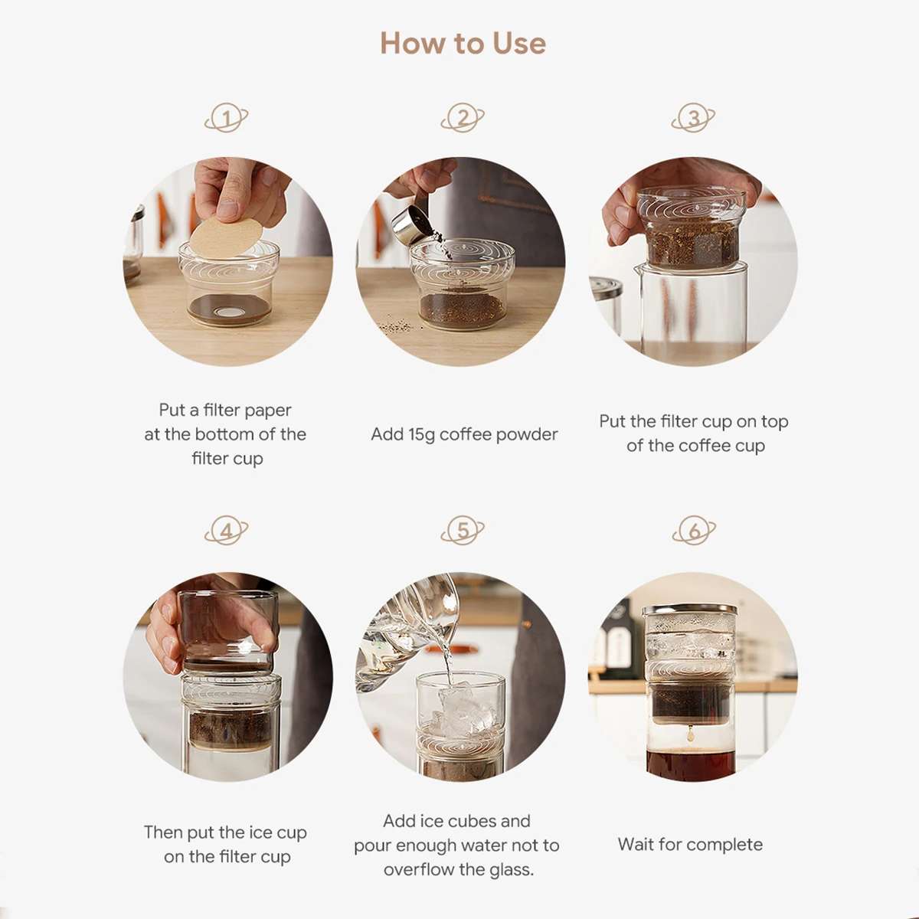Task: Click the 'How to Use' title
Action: click(x=463, y=44)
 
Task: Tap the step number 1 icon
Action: click(x=226, y=118)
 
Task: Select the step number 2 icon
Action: click(x=462, y=118)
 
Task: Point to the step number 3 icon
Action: click(x=693, y=118)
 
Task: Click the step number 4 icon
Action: click(x=226, y=530)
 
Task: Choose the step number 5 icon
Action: click(x=462, y=530)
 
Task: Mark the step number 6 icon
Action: click(x=693, y=530)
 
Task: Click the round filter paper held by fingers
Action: click(x=227, y=237)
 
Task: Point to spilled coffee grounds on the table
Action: click(x=396, y=325)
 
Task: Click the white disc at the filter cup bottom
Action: click(x=231, y=312)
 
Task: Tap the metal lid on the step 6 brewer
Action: click(x=689, y=610)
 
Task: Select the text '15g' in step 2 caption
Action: click(x=421, y=435)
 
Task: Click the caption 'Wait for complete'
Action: click(x=690, y=845)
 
